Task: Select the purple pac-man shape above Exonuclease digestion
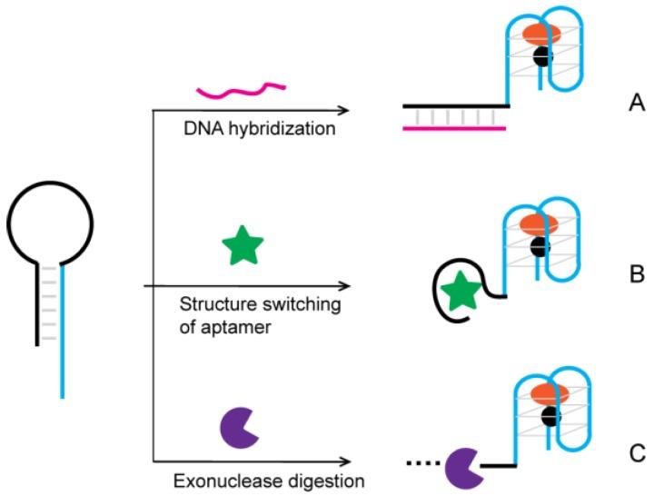point(239,429)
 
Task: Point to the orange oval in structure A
point(541,33)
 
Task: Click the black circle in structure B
point(541,245)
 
